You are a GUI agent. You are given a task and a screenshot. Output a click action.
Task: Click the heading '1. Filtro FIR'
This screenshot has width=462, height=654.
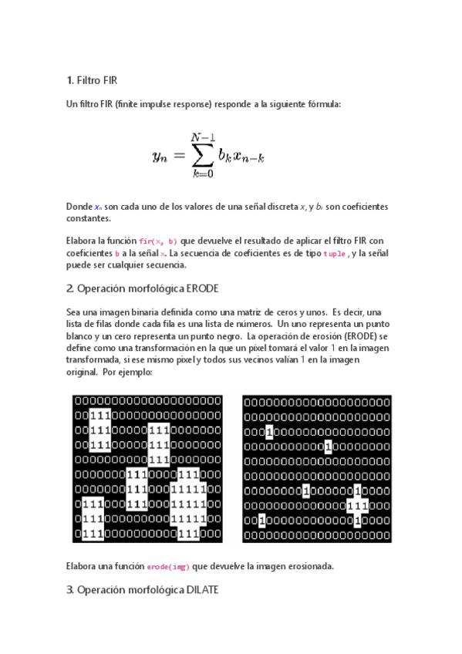coord(92,80)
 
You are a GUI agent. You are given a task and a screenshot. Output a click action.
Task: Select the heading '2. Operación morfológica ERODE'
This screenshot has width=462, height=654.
coord(143,288)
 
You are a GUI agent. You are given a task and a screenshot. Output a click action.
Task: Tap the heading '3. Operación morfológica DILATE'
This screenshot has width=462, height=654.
coord(143,590)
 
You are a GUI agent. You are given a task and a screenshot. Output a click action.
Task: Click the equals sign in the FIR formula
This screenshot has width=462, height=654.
coord(180,156)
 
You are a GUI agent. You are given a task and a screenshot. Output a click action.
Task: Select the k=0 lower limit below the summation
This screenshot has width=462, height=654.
coord(203,174)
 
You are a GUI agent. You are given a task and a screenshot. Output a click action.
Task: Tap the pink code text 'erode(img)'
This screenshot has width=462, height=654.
coord(168,566)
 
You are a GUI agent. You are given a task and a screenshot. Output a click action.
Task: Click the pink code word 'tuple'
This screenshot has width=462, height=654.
coord(334,253)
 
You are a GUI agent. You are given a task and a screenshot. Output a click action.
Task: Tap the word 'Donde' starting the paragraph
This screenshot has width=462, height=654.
coord(79,207)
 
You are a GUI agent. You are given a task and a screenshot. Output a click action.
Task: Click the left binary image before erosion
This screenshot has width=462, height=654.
coord(147,468)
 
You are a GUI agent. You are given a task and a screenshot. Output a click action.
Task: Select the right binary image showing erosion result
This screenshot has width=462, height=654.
coord(317,468)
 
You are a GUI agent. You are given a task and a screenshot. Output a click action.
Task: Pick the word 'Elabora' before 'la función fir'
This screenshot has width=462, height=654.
coord(84,241)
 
